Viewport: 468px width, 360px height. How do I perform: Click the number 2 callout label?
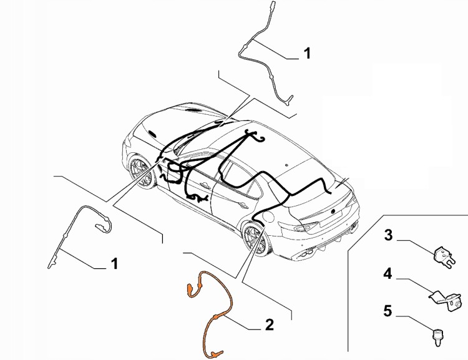tap(269, 324)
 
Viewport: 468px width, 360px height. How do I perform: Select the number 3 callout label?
tap(388, 235)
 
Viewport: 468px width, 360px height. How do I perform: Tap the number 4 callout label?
tap(388, 274)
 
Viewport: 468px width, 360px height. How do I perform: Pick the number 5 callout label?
tap(388, 311)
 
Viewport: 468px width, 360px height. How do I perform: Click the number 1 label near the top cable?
tap(307, 54)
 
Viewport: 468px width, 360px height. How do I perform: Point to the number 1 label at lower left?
tap(114, 264)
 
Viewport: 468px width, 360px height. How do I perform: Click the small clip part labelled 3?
tap(444, 256)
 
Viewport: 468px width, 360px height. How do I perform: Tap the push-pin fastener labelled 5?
tap(438, 336)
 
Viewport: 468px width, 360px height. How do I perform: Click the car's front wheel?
tap(142, 172)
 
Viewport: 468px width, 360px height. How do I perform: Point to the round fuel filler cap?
tap(268, 216)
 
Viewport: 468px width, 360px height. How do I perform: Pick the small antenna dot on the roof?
tap(286, 165)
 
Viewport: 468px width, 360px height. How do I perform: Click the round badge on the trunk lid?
tap(333, 211)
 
